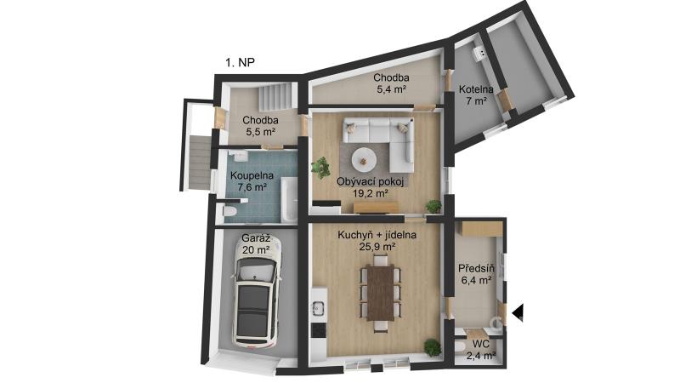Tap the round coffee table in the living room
click(x=364, y=161)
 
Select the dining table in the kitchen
click(x=380, y=293)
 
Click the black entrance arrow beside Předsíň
click(x=518, y=312)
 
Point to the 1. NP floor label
click(x=240, y=62)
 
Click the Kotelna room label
click(x=476, y=90)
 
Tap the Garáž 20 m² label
click(x=256, y=244)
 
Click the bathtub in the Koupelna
click(x=289, y=199)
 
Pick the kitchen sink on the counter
click(x=319, y=307)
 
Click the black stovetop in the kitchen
click(x=319, y=330)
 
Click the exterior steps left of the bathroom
click(x=200, y=163)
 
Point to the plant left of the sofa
click(x=321, y=167)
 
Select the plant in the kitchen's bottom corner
click(x=433, y=347)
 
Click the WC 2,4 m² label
click(x=481, y=350)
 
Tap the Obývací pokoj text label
click(x=371, y=181)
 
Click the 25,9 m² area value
click(x=377, y=247)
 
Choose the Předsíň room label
click(x=476, y=269)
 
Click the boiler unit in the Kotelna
click(x=480, y=53)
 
